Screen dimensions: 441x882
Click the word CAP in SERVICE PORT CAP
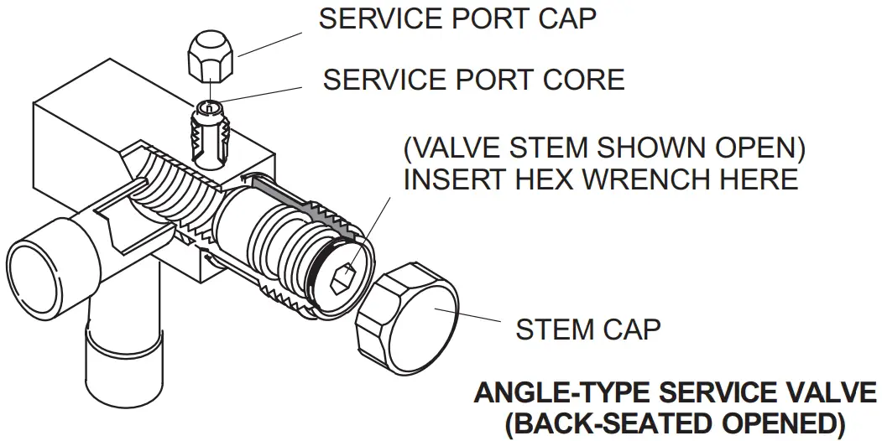pos(563,18)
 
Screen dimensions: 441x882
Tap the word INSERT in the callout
pos(451,179)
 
